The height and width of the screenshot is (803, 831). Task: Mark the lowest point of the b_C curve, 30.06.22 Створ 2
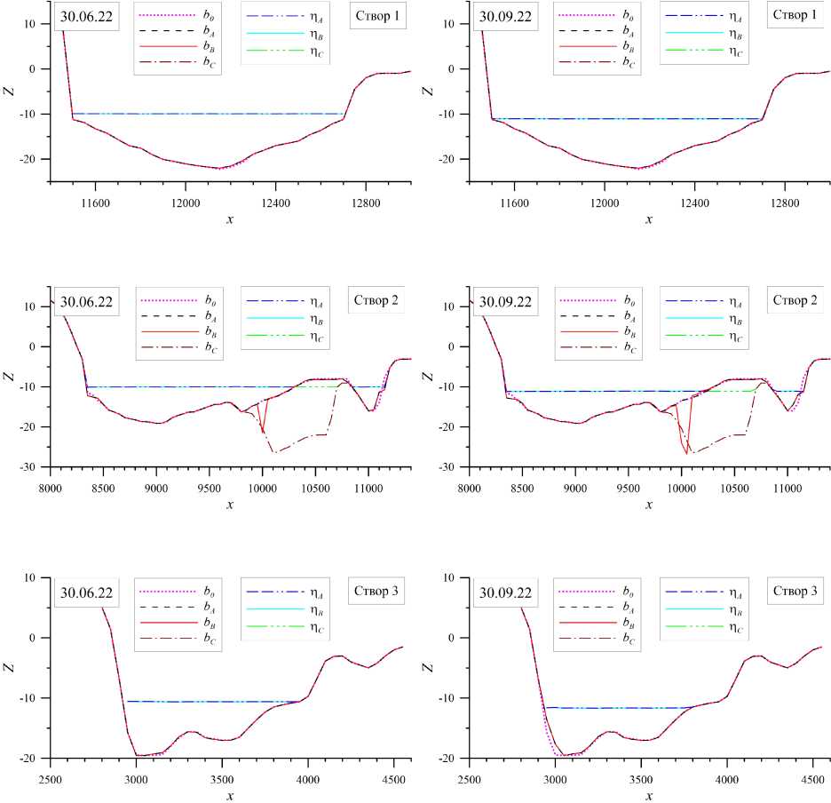[274, 453]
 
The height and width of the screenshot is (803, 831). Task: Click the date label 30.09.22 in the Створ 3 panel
[505, 592]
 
